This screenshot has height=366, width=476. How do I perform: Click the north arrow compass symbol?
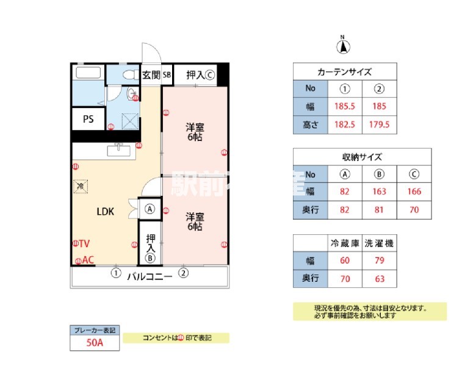[344, 45]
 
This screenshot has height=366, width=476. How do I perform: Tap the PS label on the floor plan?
[88, 119]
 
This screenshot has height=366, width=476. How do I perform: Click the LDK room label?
[106, 212]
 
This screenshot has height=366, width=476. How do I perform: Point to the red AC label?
[88, 260]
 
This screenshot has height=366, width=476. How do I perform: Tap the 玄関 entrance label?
[151, 75]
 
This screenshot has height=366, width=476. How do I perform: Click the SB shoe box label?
[167, 76]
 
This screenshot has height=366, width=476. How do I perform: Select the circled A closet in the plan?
[150, 209]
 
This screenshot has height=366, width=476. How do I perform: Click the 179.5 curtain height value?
[380, 125]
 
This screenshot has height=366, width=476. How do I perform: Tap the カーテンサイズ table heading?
[345, 71]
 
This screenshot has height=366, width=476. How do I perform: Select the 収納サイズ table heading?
[362, 157]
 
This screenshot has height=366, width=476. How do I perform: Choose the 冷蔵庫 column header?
[345, 243]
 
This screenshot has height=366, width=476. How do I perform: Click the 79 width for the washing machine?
[380, 261]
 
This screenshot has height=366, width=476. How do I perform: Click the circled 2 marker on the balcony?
[182, 273]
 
